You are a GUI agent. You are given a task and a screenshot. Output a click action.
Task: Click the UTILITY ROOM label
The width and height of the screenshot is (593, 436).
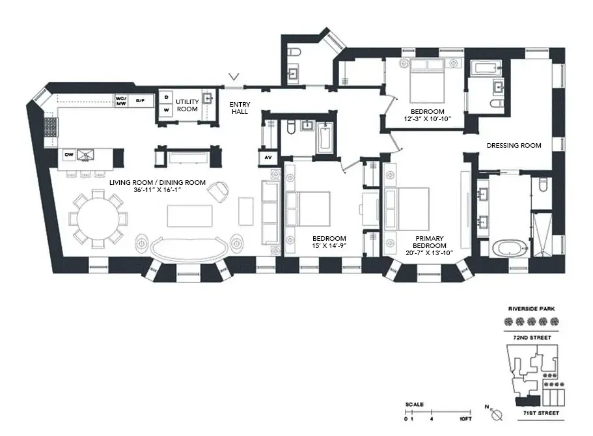(187, 105)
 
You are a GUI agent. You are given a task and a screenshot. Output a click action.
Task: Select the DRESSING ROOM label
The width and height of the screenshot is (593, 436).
(514, 146)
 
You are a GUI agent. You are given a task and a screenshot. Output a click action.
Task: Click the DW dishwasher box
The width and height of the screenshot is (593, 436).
(68, 154)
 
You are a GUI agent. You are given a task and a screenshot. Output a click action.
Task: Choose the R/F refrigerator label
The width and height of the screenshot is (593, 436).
(140, 100)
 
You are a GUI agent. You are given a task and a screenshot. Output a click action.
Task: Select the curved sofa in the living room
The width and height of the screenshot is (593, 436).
(191, 247)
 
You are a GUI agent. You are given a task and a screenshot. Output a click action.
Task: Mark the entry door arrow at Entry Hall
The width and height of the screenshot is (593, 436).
(234, 80)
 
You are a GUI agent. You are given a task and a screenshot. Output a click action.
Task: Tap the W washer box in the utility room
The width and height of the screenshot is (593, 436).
(166, 111)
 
